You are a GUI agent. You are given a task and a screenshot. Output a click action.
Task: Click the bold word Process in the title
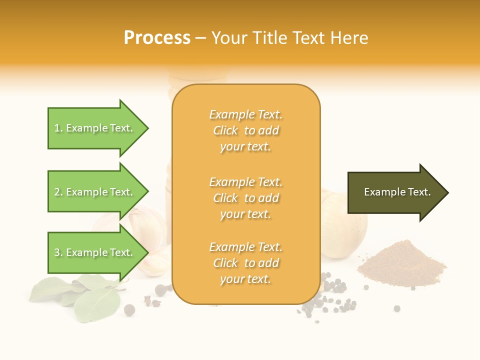[157, 37]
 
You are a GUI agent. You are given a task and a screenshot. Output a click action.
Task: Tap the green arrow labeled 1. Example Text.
[95, 128]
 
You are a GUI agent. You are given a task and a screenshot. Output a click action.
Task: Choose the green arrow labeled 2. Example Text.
[95, 192]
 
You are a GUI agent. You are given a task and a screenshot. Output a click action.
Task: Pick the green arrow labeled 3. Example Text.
[95, 252]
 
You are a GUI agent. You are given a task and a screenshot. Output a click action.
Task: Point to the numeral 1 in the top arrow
[57, 128]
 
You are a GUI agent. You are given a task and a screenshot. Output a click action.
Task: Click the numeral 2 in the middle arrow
[57, 192]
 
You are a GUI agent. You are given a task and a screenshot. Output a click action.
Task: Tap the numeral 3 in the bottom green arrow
[57, 252]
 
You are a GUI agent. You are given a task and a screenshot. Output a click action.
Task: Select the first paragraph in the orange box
[245, 130]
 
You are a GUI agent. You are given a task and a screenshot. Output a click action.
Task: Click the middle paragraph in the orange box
[245, 198]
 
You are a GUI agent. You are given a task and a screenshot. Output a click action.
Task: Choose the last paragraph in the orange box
[245, 263]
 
